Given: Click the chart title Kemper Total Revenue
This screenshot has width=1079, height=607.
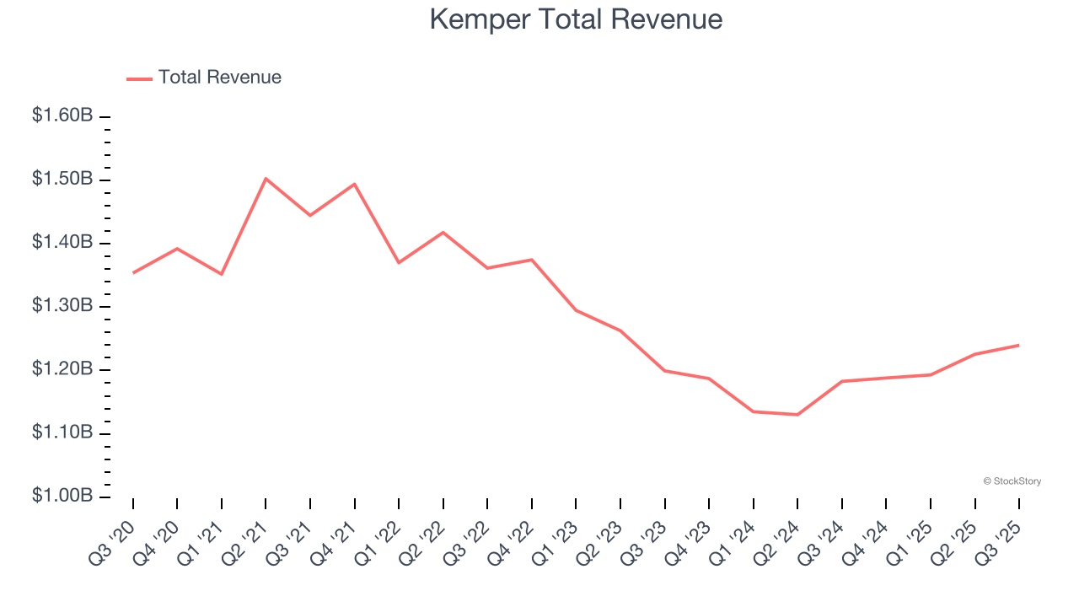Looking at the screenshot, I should pyautogui.click(x=576, y=19).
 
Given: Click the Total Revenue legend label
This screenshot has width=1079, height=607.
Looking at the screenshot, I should pyautogui.click(x=219, y=78).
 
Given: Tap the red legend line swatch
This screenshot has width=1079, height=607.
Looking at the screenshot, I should pyautogui.click(x=139, y=78).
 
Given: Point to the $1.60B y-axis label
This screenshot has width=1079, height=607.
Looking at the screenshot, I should pyautogui.click(x=62, y=115).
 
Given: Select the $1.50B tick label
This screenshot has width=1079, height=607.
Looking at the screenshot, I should pyautogui.click(x=62, y=179).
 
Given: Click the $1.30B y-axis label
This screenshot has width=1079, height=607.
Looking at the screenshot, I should pyautogui.click(x=62, y=305).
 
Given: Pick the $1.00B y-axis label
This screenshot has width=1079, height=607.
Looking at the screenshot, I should pyautogui.click(x=62, y=496).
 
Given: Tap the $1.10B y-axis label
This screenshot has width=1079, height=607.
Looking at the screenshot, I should pyautogui.click(x=62, y=432).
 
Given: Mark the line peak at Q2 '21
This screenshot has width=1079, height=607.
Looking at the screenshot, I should pyautogui.click(x=266, y=179).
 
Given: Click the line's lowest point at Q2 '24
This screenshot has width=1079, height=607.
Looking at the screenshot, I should pyautogui.click(x=797, y=415).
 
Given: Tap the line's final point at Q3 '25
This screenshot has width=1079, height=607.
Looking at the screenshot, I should pyautogui.click(x=1018, y=345).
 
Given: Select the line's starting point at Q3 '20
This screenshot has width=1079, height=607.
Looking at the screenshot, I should pyautogui.click(x=133, y=273).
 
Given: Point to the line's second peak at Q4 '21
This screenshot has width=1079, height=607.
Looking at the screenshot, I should pyautogui.click(x=354, y=184).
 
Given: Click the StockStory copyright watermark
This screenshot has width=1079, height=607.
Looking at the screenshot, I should pyautogui.click(x=1012, y=481).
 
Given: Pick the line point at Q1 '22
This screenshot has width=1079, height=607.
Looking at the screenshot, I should pyautogui.click(x=399, y=263).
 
